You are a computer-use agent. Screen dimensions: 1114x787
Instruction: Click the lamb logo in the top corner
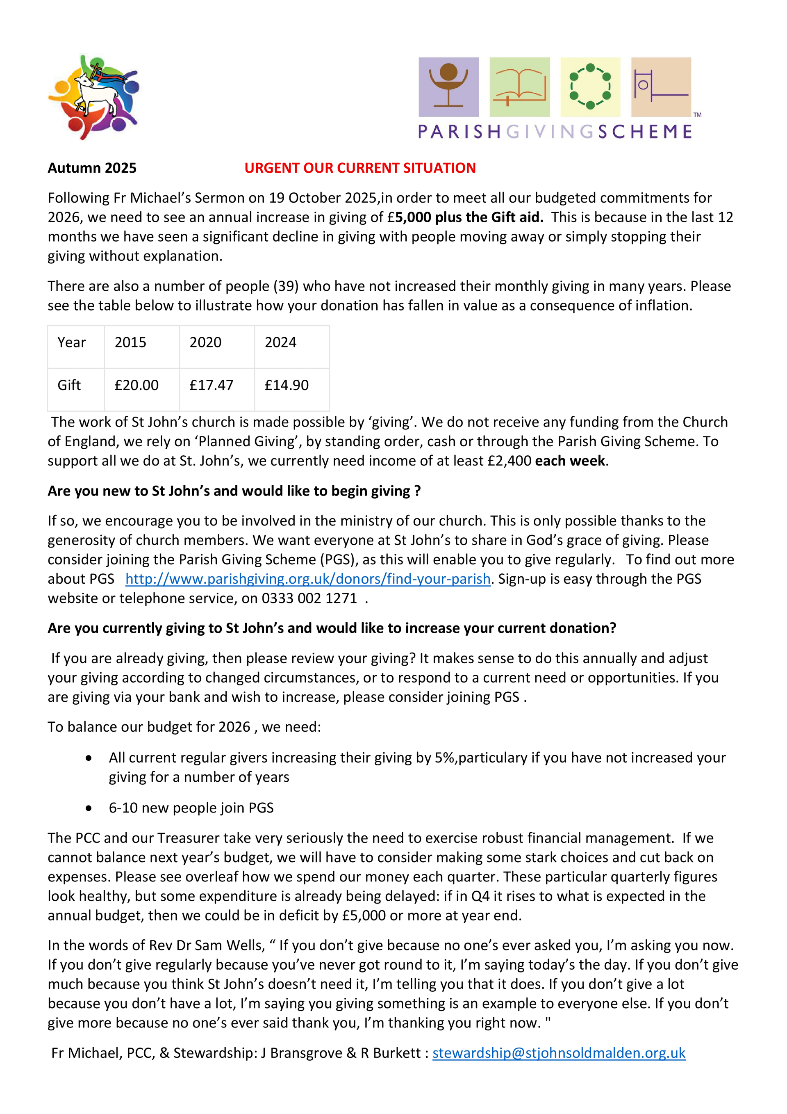coord(93,97)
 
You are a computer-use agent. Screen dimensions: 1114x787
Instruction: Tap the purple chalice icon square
coord(448,87)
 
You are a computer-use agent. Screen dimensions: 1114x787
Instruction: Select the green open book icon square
coord(519,87)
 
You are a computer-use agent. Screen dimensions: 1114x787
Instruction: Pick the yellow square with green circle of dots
coord(590,87)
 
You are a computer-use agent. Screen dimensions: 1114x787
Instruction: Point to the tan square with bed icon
coord(661,87)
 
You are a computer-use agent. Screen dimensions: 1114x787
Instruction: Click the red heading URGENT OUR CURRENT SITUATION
coord(360,168)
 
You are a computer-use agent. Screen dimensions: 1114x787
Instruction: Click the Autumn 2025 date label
coord(92,168)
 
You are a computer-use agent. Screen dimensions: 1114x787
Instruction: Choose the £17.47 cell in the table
coord(212,385)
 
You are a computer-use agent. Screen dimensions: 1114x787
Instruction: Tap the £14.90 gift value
coord(287,385)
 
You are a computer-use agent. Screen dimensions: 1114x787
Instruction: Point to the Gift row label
coord(69,385)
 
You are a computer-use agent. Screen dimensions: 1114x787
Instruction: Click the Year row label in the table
coord(72,342)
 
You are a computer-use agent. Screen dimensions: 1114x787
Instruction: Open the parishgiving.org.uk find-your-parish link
coord(308,579)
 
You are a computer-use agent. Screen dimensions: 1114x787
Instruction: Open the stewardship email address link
coord(559,1053)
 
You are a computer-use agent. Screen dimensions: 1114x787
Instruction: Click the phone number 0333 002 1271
coord(309,598)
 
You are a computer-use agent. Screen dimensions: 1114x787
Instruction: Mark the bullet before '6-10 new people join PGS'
coord(89,808)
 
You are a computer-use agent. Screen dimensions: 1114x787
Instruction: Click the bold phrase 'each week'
coord(570,461)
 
